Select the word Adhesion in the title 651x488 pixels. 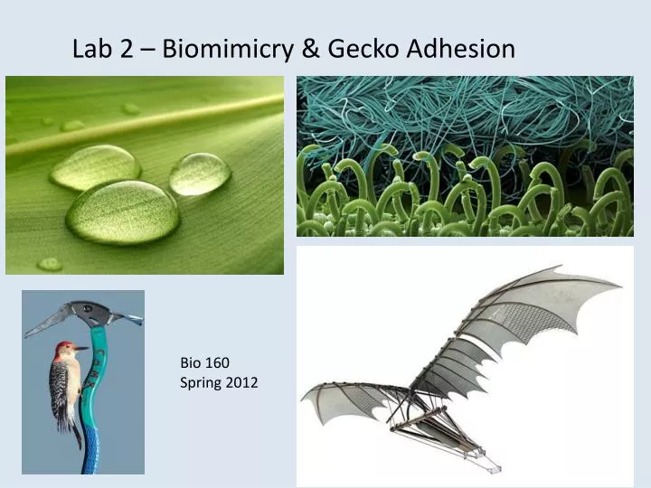[x=462, y=48]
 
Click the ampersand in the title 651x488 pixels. [x=307, y=48]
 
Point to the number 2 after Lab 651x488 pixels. [x=124, y=48]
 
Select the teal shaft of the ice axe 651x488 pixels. [x=92, y=407]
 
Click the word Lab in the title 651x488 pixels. [x=91, y=48]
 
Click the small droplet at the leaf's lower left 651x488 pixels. [x=50, y=264]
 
